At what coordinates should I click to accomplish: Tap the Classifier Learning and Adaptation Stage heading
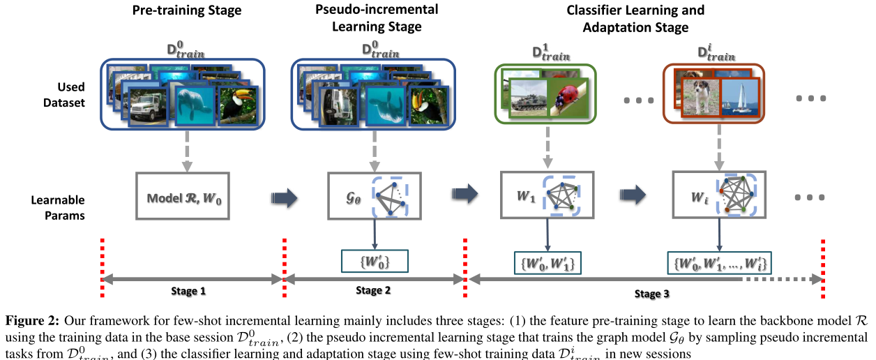point(626,19)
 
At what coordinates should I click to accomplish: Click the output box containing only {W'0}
point(375,261)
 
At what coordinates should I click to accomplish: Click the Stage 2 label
point(374,291)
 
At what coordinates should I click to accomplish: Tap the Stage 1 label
point(189,291)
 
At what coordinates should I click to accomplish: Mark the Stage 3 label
point(648,294)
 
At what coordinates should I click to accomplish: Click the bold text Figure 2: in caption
point(32,321)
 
